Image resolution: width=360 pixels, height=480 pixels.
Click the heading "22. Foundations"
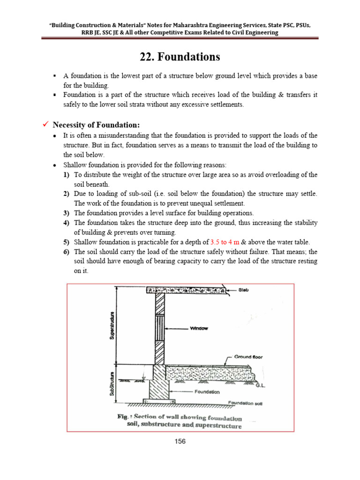point(180,57)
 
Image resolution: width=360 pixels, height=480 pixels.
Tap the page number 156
point(180,441)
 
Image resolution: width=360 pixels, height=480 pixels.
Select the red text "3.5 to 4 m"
point(224,242)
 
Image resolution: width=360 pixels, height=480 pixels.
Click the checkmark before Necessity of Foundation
point(45,125)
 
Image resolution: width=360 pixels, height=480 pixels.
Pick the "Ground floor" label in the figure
point(248,357)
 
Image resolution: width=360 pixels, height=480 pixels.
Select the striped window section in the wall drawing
point(160,328)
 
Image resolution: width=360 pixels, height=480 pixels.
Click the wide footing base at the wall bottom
point(158,402)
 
